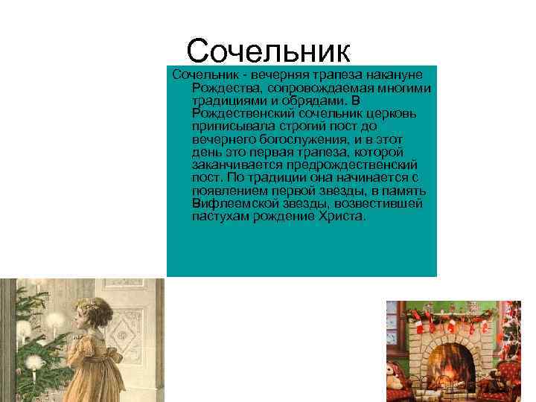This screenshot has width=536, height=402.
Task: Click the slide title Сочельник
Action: pos(268,51)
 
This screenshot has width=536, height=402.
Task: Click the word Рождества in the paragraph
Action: pos(223,89)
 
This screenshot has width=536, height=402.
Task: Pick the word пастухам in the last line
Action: pos(220,216)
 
